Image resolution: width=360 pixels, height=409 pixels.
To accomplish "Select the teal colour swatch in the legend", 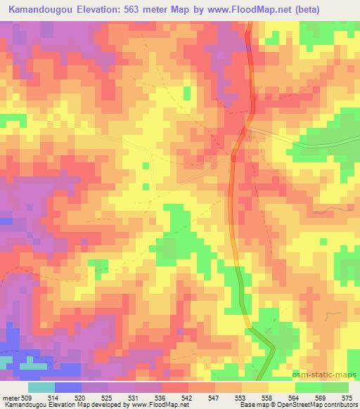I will click(x=41, y=387).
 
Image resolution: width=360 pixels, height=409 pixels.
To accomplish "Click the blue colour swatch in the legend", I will click(x=67, y=387).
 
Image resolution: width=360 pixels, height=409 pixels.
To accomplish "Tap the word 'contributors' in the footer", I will click(x=342, y=405).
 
